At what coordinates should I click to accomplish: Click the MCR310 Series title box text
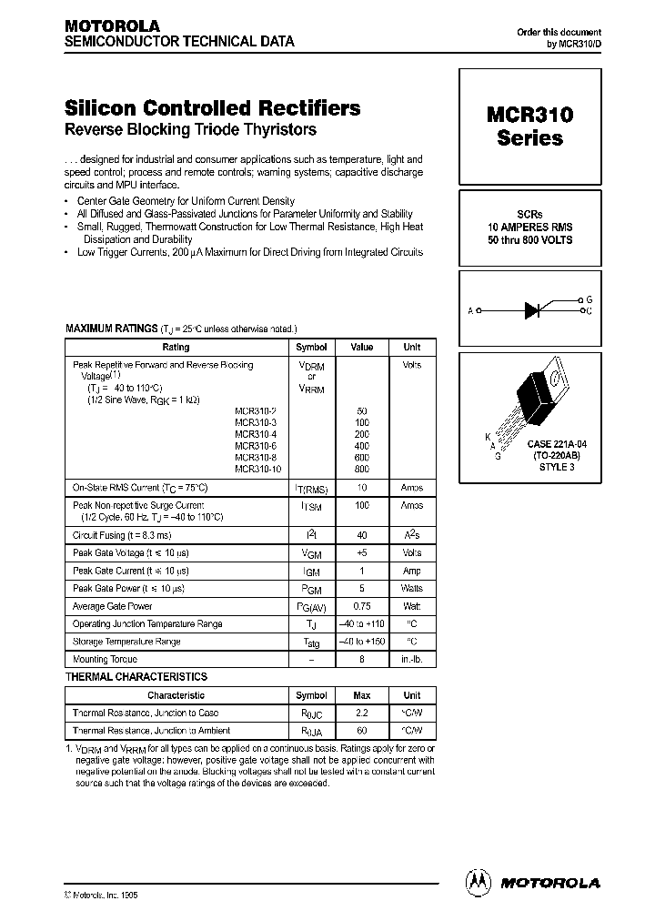pyautogui.click(x=529, y=127)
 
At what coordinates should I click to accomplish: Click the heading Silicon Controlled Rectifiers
pyautogui.click(x=213, y=107)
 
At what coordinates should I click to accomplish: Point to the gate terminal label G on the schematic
pyautogui.click(x=589, y=299)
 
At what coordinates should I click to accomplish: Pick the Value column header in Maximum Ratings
pyautogui.click(x=361, y=347)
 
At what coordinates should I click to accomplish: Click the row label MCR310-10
pyautogui.click(x=256, y=469)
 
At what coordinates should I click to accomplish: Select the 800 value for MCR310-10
pyautogui.click(x=361, y=469)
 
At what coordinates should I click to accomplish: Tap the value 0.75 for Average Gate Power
pyautogui.click(x=361, y=606)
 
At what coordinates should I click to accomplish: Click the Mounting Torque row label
pyautogui.click(x=105, y=659)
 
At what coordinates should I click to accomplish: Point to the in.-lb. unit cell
pyautogui.click(x=411, y=659)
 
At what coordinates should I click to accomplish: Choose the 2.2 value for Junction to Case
pyautogui.click(x=361, y=713)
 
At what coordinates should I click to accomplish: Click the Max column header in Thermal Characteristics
pyautogui.click(x=361, y=695)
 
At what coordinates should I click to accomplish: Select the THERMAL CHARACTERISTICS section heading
pyautogui.click(x=136, y=677)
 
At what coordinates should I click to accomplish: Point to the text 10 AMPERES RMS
pyautogui.click(x=529, y=227)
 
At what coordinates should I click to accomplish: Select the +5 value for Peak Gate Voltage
pyautogui.click(x=361, y=552)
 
